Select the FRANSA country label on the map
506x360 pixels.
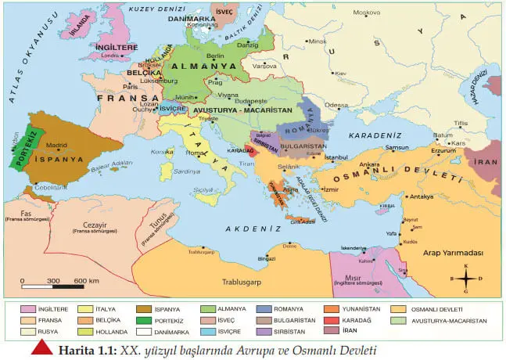coord(119,99)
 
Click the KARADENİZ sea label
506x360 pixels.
coord(364,135)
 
